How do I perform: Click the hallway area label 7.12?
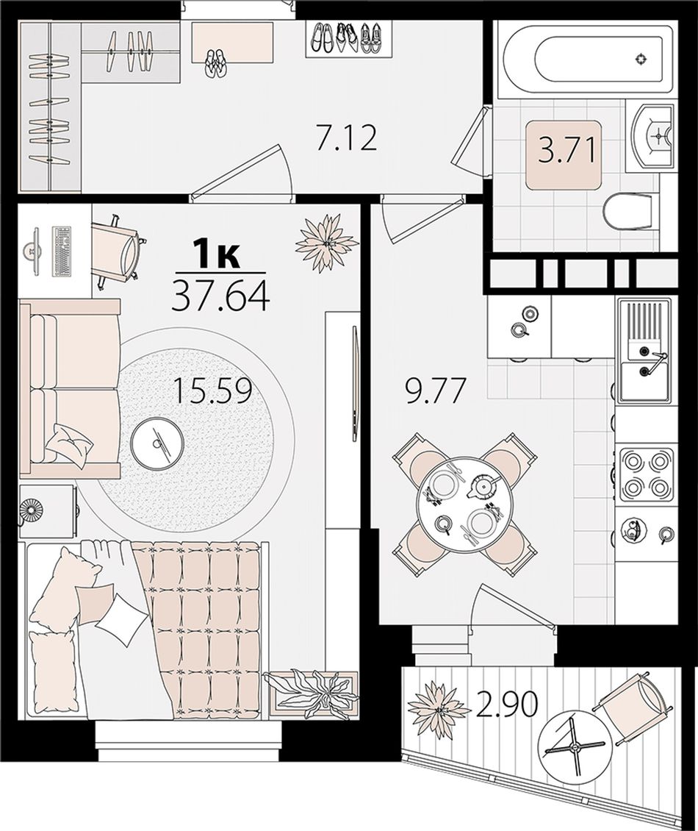[346, 139]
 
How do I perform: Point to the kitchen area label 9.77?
[435, 392]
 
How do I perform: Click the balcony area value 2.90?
[508, 705]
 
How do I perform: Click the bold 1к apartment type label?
[217, 255]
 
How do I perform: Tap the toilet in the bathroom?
[627, 212]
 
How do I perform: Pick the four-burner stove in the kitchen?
[646, 474]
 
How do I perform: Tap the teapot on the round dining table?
[481, 486]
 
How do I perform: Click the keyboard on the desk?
[62, 252]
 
